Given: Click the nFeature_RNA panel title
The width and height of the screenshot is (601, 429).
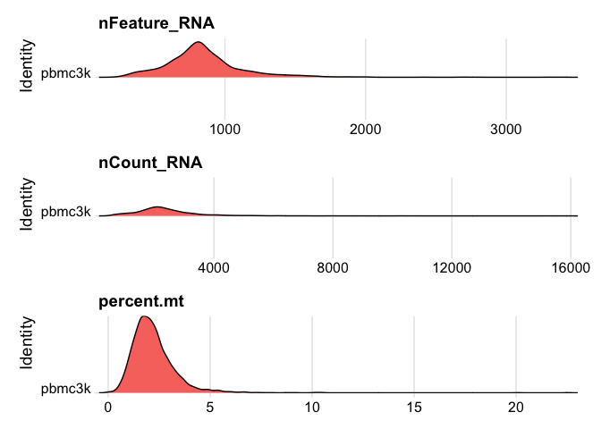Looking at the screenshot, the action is tap(157, 23).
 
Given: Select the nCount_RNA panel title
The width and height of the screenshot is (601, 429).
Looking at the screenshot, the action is tap(150, 163).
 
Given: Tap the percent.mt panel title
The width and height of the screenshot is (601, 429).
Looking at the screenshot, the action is tap(141, 301).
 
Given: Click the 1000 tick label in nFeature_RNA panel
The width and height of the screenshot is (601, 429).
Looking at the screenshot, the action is tap(225, 130).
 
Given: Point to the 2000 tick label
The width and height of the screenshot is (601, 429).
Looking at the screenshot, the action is tap(365, 130).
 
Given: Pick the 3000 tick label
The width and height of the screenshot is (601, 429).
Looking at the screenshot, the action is tap(506, 130).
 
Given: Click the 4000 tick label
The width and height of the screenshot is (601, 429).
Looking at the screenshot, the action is tap(214, 267).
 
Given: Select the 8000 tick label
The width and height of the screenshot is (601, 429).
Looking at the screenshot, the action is tap(333, 267).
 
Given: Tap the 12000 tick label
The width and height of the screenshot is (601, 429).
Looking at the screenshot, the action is tap(452, 267).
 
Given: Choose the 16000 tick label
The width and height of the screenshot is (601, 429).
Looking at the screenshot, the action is tap(571, 267).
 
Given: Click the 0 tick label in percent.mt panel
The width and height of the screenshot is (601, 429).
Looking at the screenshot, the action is tap(108, 407).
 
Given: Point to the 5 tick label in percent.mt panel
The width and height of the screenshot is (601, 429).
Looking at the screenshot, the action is tap(210, 407).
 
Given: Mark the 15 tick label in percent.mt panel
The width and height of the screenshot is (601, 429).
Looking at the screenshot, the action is tap(414, 407).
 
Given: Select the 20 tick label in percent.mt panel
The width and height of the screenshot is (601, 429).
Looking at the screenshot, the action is tap(516, 407).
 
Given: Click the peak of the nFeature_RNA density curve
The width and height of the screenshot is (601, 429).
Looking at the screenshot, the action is tap(199, 42).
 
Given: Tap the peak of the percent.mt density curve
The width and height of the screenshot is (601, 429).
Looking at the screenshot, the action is tap(145, 316).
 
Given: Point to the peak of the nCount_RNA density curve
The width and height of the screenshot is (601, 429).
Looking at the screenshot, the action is tap(157, 206).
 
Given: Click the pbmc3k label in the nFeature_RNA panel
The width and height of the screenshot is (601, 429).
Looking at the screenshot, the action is tap(66, 73).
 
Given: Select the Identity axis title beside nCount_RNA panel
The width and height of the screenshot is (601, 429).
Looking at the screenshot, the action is tap(27, 204).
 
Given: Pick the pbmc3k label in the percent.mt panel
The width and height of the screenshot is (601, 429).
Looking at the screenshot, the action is tap(66, 389).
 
